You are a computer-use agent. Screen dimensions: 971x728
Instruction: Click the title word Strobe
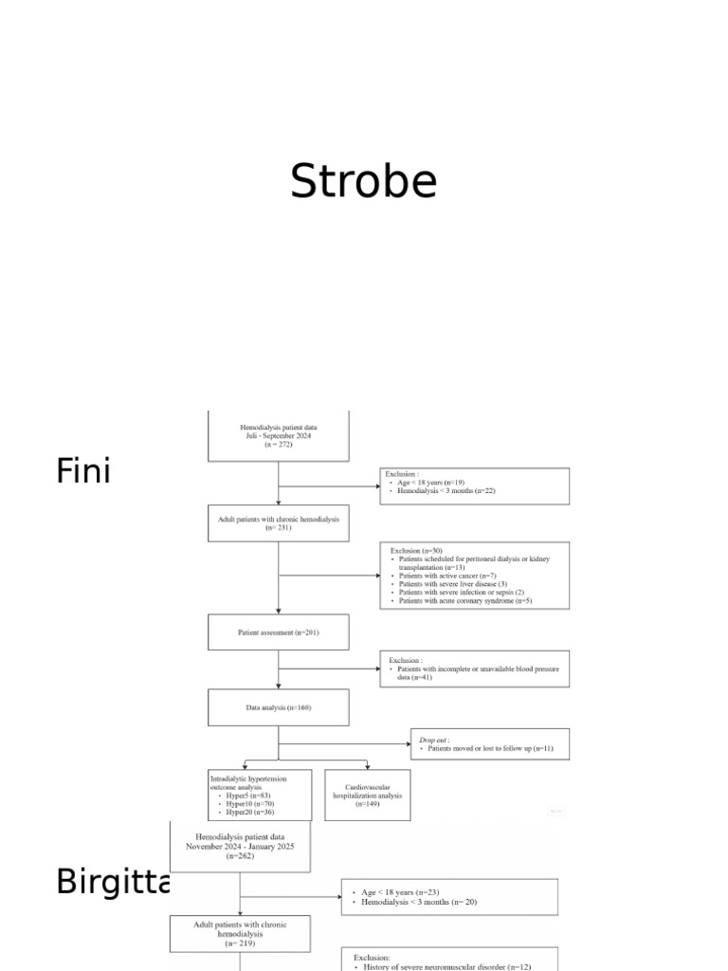(363, 181)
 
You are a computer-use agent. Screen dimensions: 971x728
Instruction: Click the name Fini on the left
(83, 470)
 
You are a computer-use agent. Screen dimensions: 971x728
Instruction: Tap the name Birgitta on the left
(112, 881)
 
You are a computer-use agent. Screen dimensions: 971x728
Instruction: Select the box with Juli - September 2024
(278, 436)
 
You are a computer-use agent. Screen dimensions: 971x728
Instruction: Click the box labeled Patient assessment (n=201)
(278, 632)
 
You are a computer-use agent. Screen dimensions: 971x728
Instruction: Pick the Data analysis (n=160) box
(278, 707)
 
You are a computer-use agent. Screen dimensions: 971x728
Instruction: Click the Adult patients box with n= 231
(278, 522)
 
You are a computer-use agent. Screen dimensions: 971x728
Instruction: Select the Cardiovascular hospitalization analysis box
(367, 795)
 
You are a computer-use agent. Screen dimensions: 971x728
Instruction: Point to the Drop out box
(489, 743)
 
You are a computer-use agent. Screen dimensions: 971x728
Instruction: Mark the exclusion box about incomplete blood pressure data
(474, 669)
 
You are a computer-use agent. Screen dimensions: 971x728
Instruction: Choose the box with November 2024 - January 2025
(239, 846)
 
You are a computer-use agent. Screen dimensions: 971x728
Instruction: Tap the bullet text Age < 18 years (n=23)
(399, 892)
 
